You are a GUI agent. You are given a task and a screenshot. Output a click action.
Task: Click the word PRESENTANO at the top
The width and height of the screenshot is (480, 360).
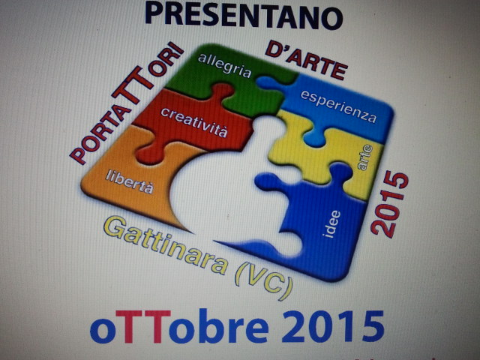pos(244,16)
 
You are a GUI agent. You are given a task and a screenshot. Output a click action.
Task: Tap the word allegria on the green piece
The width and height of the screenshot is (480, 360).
pos(224,65)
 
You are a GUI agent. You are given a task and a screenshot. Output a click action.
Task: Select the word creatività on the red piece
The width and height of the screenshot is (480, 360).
pos(194,121)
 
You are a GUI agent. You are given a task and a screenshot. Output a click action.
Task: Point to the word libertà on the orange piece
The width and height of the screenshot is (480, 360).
pos(130,181)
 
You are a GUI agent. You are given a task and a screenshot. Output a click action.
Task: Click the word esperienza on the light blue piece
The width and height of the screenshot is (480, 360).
pos(338,106)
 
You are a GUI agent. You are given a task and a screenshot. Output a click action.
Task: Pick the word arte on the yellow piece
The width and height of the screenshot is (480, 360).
pos(365,157)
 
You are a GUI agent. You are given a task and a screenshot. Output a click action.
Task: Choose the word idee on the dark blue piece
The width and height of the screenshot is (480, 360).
pos(331,223)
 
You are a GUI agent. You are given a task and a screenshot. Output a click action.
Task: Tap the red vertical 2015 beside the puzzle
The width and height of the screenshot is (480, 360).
pos(390,204)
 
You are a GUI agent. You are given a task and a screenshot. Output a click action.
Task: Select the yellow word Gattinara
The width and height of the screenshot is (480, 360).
pos(166,245)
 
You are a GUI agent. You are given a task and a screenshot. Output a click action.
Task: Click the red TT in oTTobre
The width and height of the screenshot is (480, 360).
pos(143,326)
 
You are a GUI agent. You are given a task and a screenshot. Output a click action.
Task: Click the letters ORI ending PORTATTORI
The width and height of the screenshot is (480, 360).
pos(167,60)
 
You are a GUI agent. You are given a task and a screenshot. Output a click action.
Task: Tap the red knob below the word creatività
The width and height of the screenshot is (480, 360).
pos(148,155)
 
